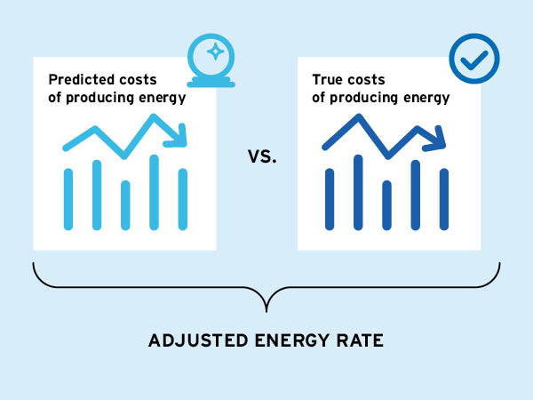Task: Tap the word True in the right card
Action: [x=328, y=79]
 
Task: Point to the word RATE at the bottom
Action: [x=362, y=341]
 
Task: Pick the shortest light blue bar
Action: [x=125, y=205]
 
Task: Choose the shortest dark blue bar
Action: [x=386, y=205]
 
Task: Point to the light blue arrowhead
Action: [x=181, y=136]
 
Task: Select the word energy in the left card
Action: [x=161, y=97]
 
